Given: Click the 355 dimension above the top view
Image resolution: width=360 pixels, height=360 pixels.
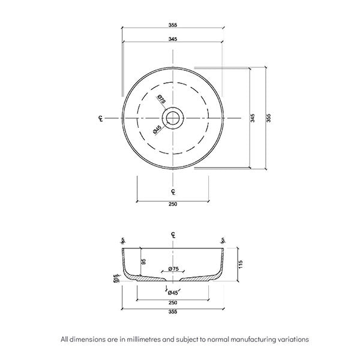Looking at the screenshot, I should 173,25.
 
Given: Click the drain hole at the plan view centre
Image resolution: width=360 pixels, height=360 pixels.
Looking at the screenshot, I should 173,118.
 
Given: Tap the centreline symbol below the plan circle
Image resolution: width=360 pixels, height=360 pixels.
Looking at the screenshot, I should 173,192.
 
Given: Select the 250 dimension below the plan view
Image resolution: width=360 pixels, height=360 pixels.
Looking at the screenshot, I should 173,204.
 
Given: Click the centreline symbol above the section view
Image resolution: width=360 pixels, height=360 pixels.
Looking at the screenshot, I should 173,234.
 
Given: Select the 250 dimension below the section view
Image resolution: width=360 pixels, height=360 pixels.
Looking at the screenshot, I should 173,304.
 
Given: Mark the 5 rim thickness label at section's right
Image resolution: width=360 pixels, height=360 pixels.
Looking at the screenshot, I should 223,240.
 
